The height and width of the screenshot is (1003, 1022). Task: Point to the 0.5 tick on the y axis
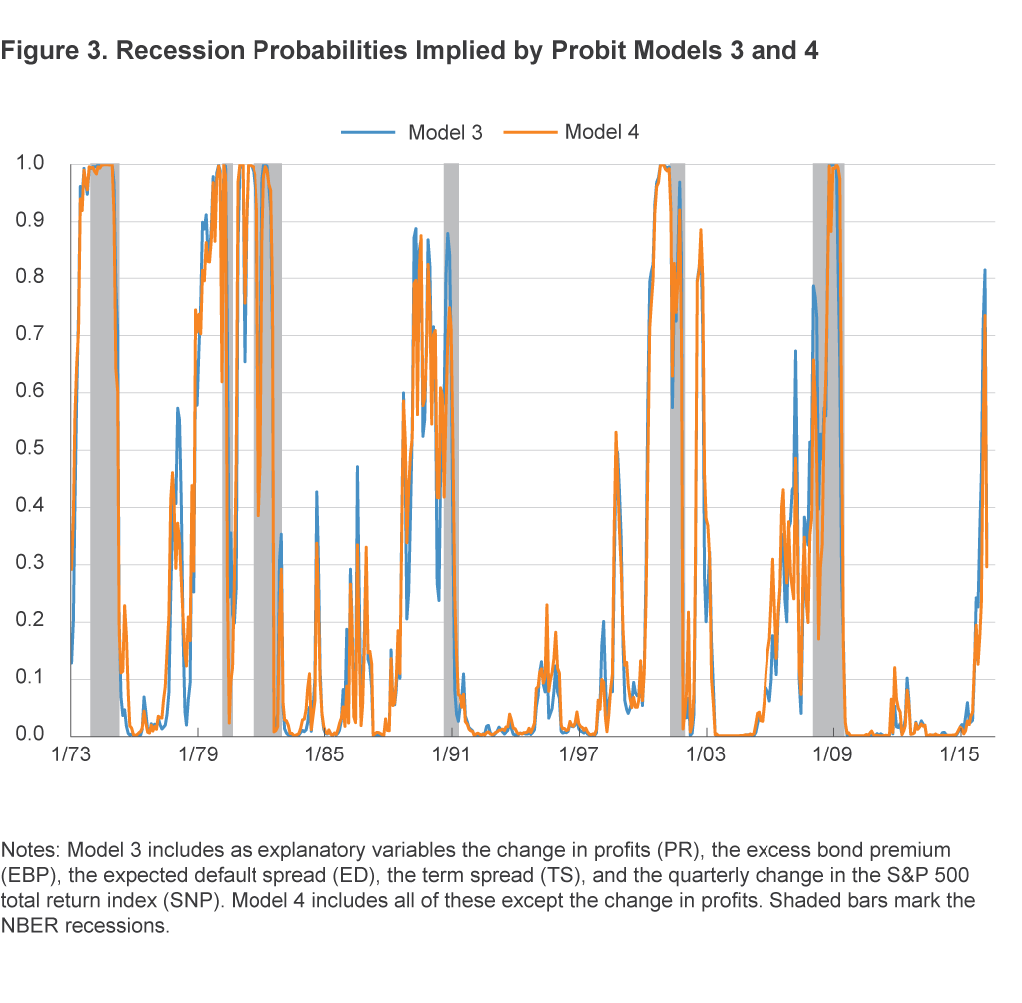(31, 449)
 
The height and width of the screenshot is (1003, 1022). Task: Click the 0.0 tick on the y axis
(31, 736)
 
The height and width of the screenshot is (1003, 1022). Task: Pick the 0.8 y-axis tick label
(31, 277)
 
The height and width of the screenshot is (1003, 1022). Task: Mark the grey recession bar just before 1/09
(828, 449)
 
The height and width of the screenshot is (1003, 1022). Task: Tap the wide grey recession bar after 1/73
(104, 449)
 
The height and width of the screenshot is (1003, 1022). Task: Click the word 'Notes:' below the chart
(31, 850)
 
